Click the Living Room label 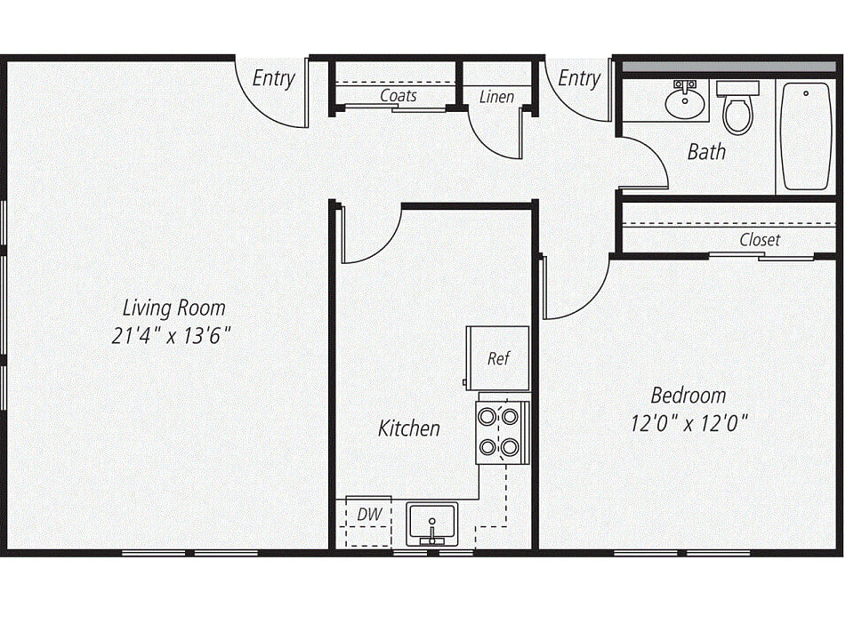pos(173,308)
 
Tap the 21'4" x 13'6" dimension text pos(172,335)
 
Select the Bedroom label pos(689,395)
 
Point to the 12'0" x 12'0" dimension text pos(689,422)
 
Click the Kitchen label pos(409,428)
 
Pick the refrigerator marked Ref pos(498,358)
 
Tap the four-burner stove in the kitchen pos(502,432)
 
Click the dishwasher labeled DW pos(368,521)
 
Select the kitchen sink pos(432,524)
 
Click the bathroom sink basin pos(685,104)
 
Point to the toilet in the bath pos(737,108)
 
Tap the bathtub pos(806,136)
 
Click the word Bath pos(706,151)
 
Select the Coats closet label pos(399,95)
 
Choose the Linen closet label pos(496,96)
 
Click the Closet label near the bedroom pos(760,239)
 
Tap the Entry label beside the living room pos(273,78)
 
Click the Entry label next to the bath pos(579,78)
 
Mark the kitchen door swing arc pos(384,246)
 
